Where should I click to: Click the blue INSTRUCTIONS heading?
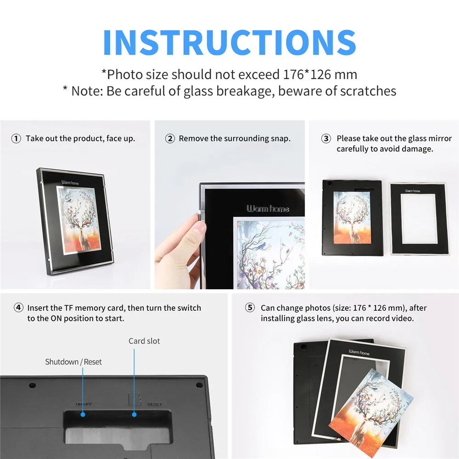coord(229,42)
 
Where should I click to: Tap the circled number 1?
coord(16,139)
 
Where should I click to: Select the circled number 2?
coord(170,139)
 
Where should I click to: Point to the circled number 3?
coord(326,139)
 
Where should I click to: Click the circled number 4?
coord(18,308)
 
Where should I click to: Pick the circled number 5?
coord(250,308)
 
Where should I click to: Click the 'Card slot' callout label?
coord(144,341)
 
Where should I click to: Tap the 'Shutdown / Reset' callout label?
coord(73,362)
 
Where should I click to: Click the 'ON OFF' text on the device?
coord(84,404)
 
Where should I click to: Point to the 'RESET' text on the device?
coord(154,404)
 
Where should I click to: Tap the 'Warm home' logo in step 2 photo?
coord(268,209)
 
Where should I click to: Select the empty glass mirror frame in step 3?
coord(417,218)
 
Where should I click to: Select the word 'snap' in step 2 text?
coord(280,139)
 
